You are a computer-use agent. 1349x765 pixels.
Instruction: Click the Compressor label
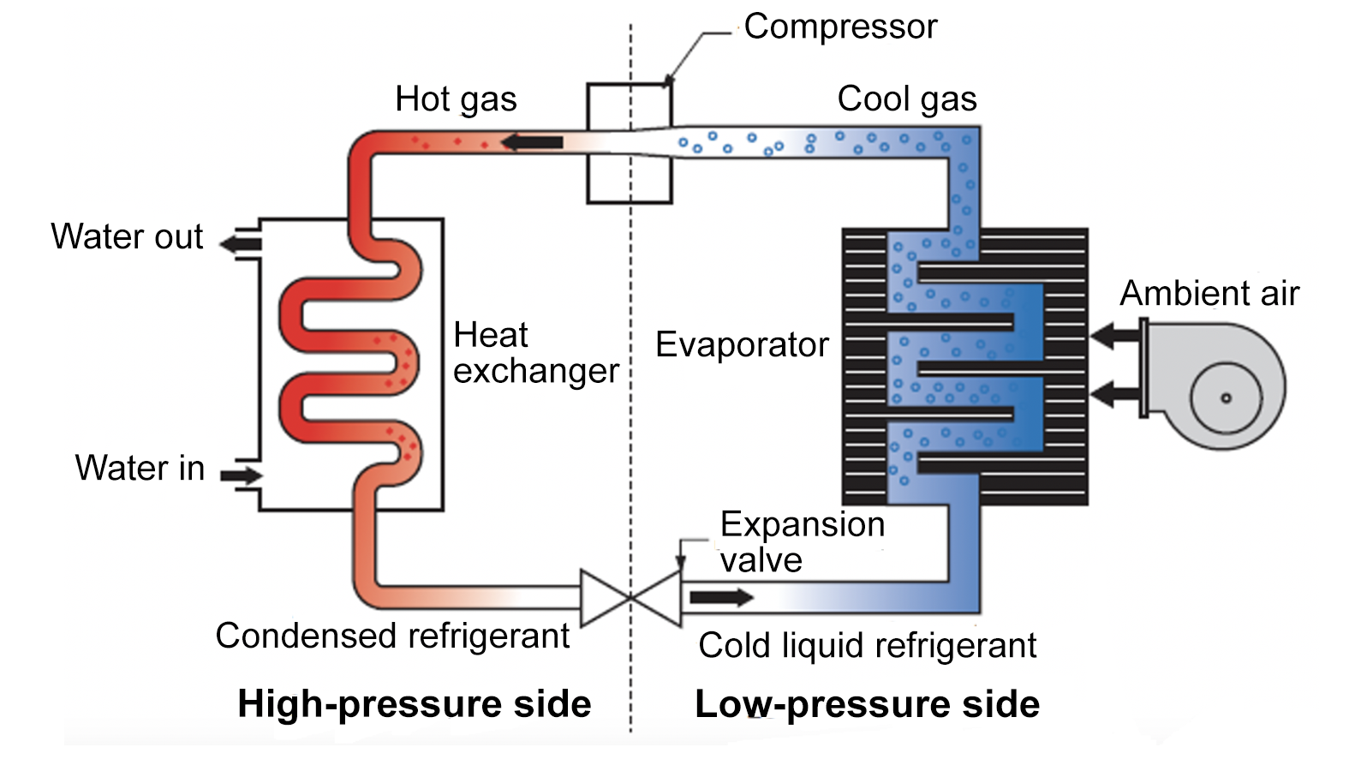pyautogui.click(x=840, y=27)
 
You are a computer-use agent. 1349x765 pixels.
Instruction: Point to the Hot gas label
pyautogui.click(x=456, y=99)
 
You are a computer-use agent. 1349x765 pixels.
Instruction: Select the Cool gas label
pyautogui.click(x=906, y=99)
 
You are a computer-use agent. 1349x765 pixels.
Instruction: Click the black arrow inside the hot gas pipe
pyautogui.click(x=532, y=142)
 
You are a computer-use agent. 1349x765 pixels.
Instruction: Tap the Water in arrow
pyautogui.click(x=242, y=475)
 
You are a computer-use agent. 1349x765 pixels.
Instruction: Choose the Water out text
pyautogui.click(x=127, y=237)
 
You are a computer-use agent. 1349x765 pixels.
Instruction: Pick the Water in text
pyautogui.click(x=140, y=469)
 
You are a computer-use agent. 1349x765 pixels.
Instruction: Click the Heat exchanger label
pyautogui.click(x=535, y=353)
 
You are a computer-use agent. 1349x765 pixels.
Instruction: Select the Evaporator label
pyautogui.click(x=742, y=345)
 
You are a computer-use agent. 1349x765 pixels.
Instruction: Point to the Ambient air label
pyautogui.click(x=1209, y=294)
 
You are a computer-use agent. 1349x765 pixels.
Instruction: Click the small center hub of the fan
pyautogui.click(x=1226, y=398)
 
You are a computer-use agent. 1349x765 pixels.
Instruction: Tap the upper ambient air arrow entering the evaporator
pyautogui.click(x=1113, y=336)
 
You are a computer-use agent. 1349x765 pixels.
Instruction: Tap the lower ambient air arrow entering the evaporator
pyautogui.click(x=1113, y=395)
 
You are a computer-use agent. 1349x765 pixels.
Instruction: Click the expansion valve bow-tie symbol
pyautogui.click(x=630, y=597)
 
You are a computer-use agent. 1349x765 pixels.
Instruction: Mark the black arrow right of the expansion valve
pyautogui.click(x=721, y=597)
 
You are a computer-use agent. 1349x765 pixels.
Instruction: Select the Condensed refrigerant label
pyautogui.click(x=392, y=637)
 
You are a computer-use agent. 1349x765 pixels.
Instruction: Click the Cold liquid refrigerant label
pyautogui.click(x=867, y=646)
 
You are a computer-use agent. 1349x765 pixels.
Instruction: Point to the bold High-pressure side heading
pyautogui.click(x=415, y=704)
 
